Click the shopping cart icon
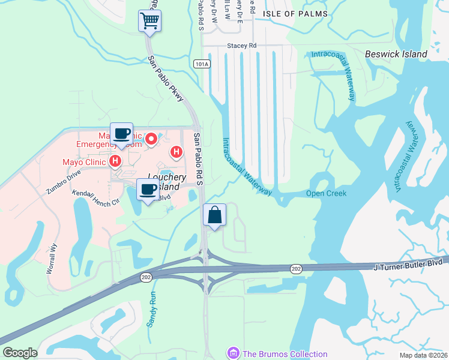tap(150, 20)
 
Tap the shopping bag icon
tap(215, 215)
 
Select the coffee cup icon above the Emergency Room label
tap(121, 133)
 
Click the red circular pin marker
tap(151, 139)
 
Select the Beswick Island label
tap(396, 54)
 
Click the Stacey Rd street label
tap(241, 45)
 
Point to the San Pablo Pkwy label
tap(166, 78)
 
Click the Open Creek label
tap(326, 193)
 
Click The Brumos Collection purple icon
tap(233, 353)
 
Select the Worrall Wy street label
tap(52, 259)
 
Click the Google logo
tap(20, 353)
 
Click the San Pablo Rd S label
tap(197, 158)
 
